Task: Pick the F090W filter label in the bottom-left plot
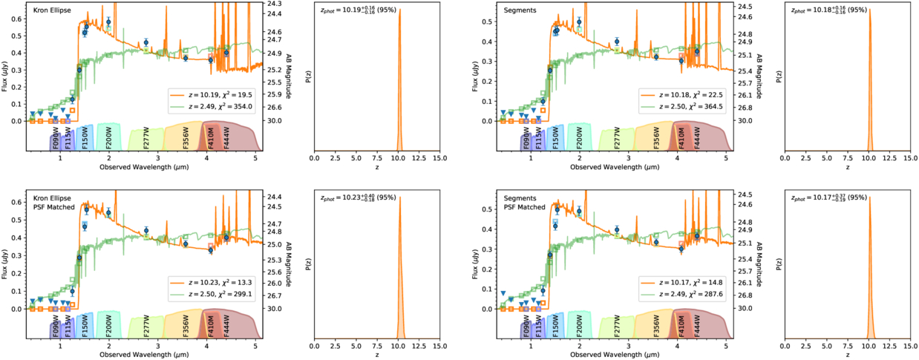[x=55, y=330]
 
